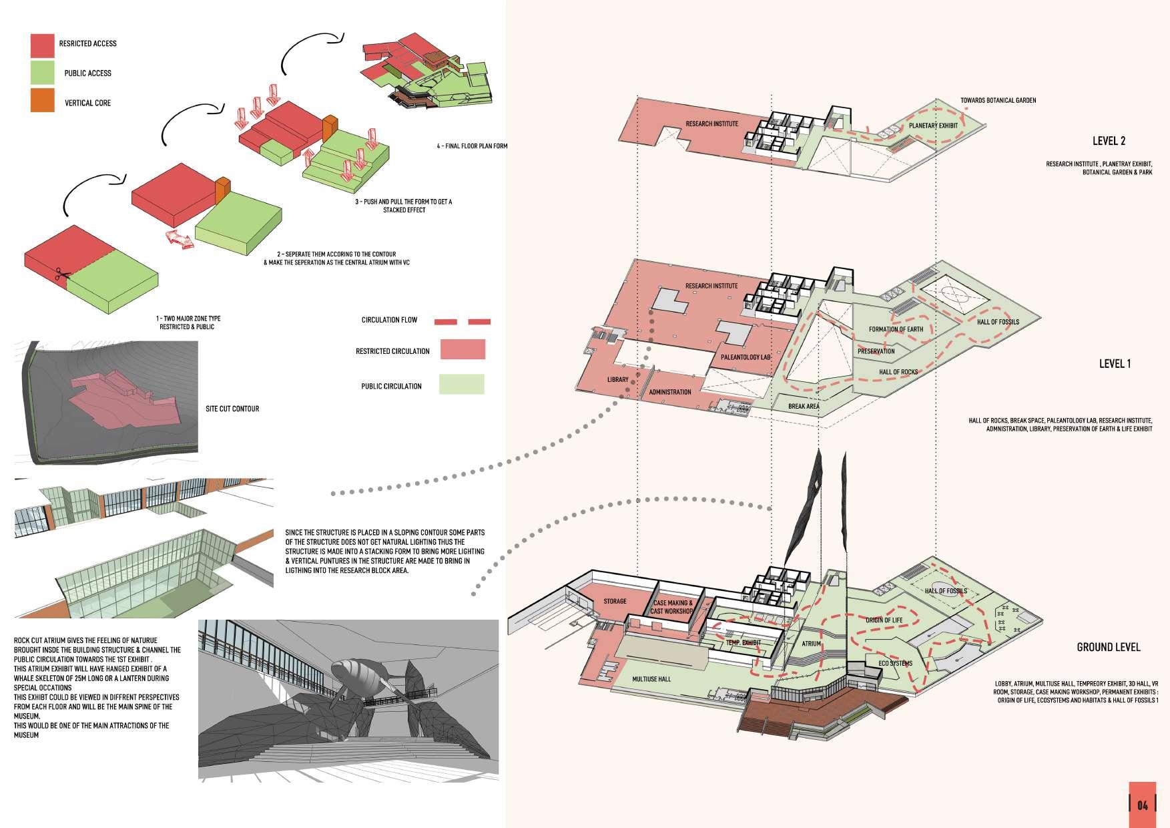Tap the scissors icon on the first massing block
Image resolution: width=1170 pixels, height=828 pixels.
62,274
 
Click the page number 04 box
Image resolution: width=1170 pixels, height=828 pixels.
1143,805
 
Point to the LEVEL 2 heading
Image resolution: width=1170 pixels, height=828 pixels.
1109,141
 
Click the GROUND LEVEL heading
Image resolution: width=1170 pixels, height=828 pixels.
1108,647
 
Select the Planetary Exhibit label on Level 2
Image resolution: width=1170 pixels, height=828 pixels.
933,126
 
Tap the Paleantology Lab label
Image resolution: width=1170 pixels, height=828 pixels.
746,357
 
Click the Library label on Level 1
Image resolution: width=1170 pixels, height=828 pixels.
617,380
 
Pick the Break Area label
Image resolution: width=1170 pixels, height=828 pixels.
804,406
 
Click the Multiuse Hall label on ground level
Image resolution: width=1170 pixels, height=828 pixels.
651,679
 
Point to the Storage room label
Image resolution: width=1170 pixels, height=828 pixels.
615,601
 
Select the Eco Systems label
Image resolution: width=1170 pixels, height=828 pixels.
895,663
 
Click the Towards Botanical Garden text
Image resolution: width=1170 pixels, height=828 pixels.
998,101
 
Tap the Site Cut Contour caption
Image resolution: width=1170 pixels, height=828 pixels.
232,409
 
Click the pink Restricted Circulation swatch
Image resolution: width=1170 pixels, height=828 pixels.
463,349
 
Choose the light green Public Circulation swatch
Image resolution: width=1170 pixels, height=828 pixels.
461,385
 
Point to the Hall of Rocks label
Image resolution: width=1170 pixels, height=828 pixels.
898,372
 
